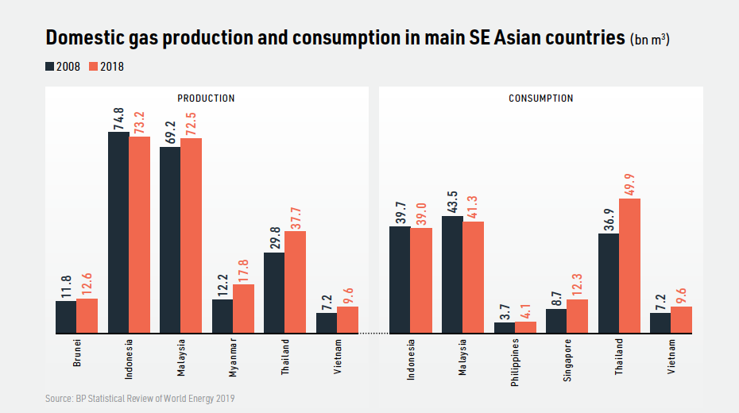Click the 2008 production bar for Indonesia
click(118, 233)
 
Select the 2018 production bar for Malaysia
click(191, 236)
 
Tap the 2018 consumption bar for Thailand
click(629, 266)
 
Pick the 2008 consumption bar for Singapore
click(556, 322)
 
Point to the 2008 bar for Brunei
click(66, 318)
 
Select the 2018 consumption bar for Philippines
click(525, 328)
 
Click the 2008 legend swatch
click(49, 67)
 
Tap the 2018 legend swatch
click(94, 67)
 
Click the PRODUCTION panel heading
click(206, 98)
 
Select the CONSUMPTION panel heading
click(540, 98)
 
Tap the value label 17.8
click(243, 269)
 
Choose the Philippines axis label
click(515, 361)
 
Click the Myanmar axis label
click(233, 359)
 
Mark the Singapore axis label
click(567, 361)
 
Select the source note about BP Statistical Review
click(140, 398)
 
